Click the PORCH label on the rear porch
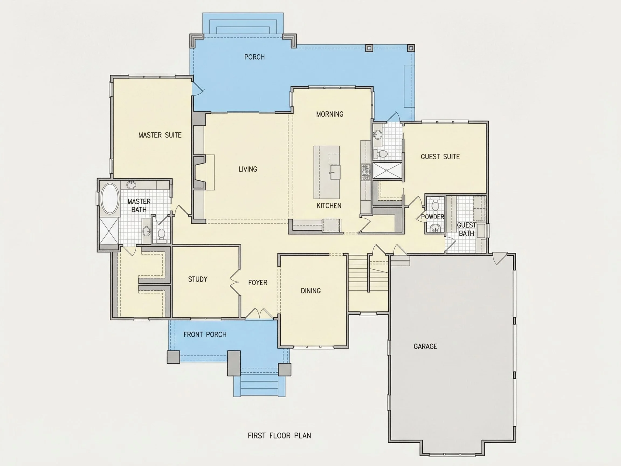(254, 57)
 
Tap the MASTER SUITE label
(160, 135)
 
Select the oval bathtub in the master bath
(109, 198)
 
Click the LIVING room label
(248, 169)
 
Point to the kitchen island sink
(335, 172)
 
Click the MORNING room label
(330, 114)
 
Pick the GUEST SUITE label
(440, 157)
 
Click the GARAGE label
(425, 346)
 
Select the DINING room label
(310, 291)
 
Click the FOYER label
(257, 283)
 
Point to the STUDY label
(198, 279)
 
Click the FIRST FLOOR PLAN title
(279, 436)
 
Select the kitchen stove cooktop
(366, 172)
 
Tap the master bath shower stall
(109, 231)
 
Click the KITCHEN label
(329, 205)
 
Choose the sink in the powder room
(435, 228)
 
